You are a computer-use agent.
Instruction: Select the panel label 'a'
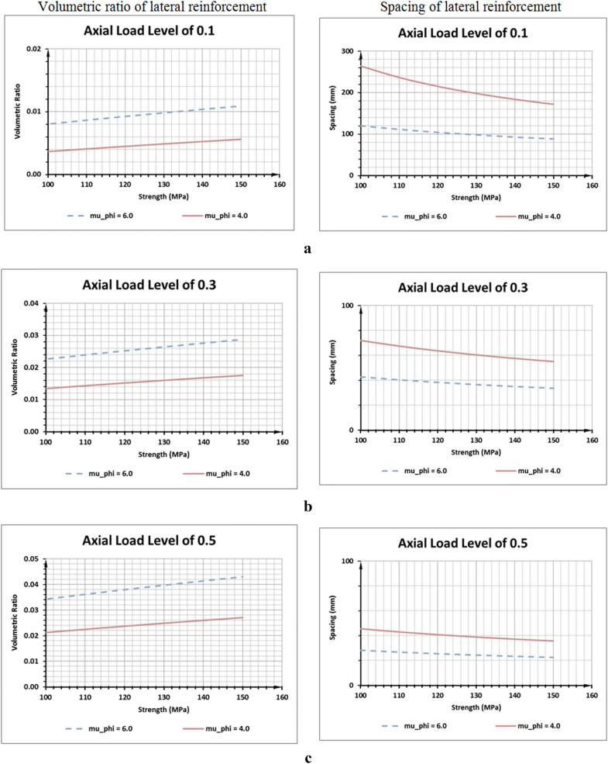point(308,249)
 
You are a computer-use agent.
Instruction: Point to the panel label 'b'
point(308,506)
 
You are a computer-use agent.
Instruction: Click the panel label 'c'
point(308,758)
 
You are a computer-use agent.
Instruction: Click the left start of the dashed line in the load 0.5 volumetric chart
point(48,599)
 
